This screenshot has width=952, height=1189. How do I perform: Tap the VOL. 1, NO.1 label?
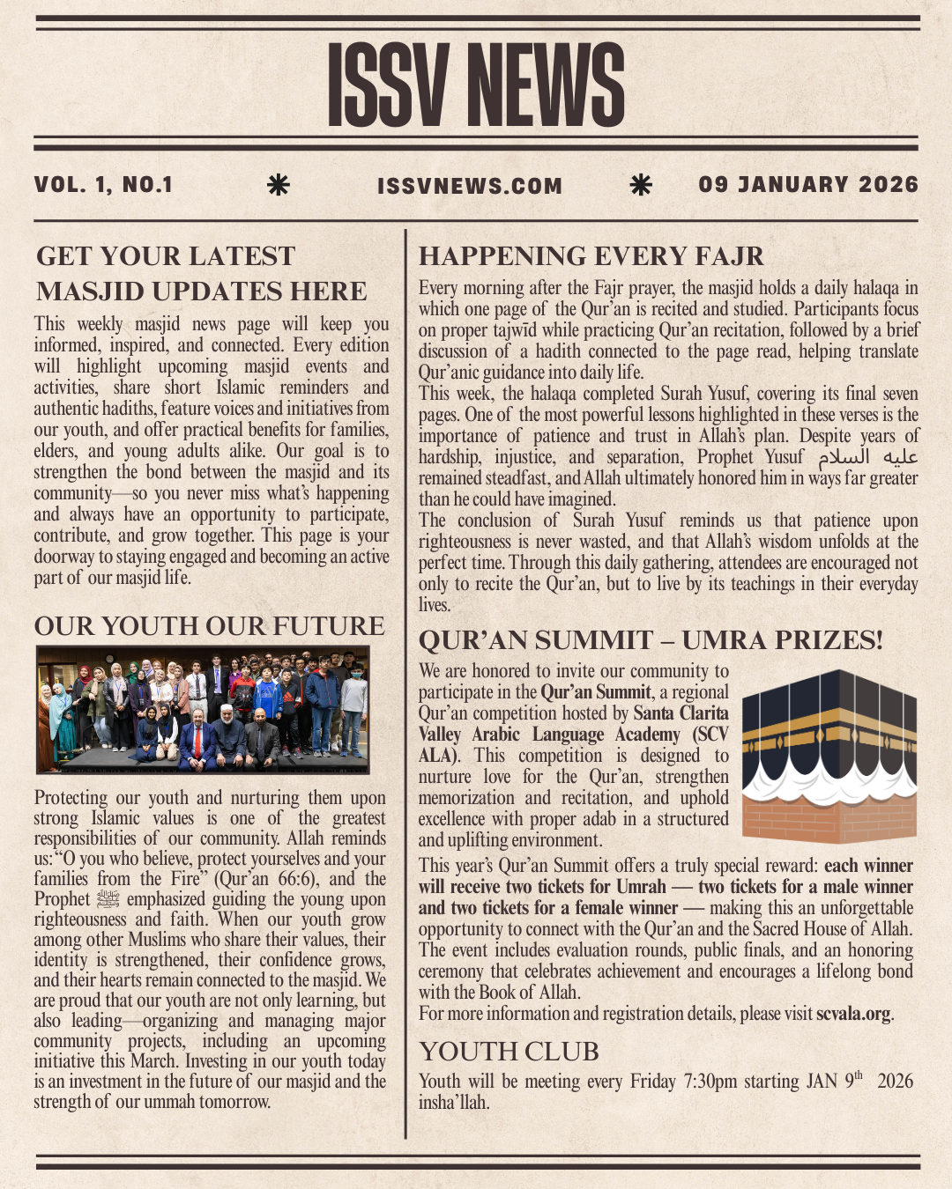tap(103, 185)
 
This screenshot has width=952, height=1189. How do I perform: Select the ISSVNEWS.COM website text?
tap(469, 186)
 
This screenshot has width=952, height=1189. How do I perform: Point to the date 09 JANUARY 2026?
tap(807, 185)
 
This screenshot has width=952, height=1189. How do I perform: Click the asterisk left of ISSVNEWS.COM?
tap(278, 185)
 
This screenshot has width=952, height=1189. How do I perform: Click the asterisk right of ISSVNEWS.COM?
tap(641, 185)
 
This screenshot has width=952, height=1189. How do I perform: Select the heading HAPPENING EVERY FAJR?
tap(591, 256)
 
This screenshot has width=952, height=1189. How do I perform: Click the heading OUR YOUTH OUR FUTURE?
tap(209, 626)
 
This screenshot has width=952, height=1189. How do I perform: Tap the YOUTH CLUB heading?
tap(509, 1052)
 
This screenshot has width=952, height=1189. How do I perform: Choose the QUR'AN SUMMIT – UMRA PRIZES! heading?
tap(650, 640)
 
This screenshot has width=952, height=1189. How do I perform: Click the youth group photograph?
tap(203, 709)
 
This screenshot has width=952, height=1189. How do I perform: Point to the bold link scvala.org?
tap(854, 1014)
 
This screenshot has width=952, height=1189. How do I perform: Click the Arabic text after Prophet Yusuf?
tap(867, 457)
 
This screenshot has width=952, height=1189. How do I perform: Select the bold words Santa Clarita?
tap(681, 713)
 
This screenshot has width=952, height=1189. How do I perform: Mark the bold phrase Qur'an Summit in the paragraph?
tap(596, 692)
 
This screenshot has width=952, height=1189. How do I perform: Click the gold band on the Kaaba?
tap(829, 726)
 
